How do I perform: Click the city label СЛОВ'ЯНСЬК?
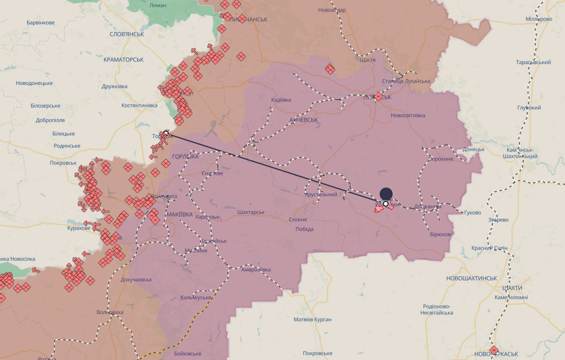[127, 34]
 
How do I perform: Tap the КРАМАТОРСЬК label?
[124, 59]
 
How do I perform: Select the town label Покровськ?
[63, 163]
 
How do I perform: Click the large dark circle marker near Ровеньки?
[386, 194]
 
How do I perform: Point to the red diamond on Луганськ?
[378, 96]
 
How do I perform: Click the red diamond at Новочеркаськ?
[494, 350]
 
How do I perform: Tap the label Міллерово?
[539, 19]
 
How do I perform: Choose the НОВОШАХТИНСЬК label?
[472, 278]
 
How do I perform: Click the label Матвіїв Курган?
[312, 319]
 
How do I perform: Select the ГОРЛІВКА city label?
[185, 156]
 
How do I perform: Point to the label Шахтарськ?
[251, 212]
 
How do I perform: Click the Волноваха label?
[110, 312]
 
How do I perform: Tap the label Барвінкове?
[41, 22]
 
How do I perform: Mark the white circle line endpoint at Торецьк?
[166, 133]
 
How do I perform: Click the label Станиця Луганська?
[406, 81]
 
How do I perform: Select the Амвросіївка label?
[256, 269]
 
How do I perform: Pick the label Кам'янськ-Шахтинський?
[520, 153]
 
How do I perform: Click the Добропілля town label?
[50, 120]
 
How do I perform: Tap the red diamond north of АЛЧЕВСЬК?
[330, 69]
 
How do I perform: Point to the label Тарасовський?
[533, 62]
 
